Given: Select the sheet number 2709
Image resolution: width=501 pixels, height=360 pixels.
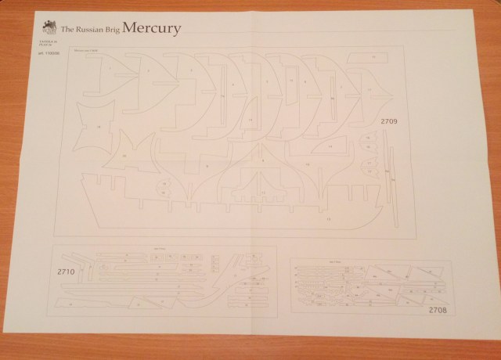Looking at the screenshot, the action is (389, 121).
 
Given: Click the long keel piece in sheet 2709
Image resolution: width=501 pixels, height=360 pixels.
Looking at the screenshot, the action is (235, 211).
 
